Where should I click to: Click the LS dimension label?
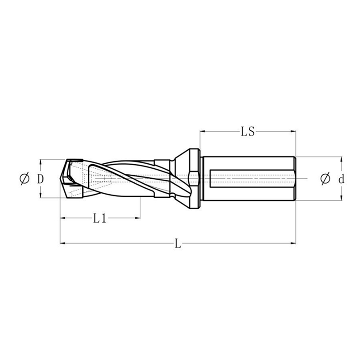248,132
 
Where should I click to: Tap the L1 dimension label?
100,218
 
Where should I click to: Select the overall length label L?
178,244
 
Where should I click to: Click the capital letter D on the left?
40,179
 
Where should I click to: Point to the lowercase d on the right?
342,179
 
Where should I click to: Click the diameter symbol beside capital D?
25,179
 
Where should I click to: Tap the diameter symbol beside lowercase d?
324,179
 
